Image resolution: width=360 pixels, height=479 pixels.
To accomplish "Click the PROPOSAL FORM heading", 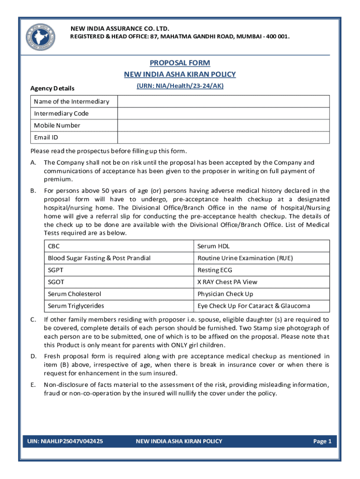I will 180,63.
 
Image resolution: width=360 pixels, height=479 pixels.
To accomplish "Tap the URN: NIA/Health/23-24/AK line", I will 180,86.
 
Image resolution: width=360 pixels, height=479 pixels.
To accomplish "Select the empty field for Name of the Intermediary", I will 223,102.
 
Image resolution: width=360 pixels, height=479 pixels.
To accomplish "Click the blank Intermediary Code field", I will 223,114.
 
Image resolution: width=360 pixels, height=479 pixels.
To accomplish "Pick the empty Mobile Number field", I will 223,125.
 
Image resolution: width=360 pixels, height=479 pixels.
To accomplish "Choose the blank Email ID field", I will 223,138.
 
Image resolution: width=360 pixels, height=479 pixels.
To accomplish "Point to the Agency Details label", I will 52,88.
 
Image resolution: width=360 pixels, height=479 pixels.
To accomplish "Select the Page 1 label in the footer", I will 322,441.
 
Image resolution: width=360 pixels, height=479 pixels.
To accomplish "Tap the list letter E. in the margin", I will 33,385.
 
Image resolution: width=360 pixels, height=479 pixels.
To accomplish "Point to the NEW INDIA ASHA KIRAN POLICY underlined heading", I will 180,74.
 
